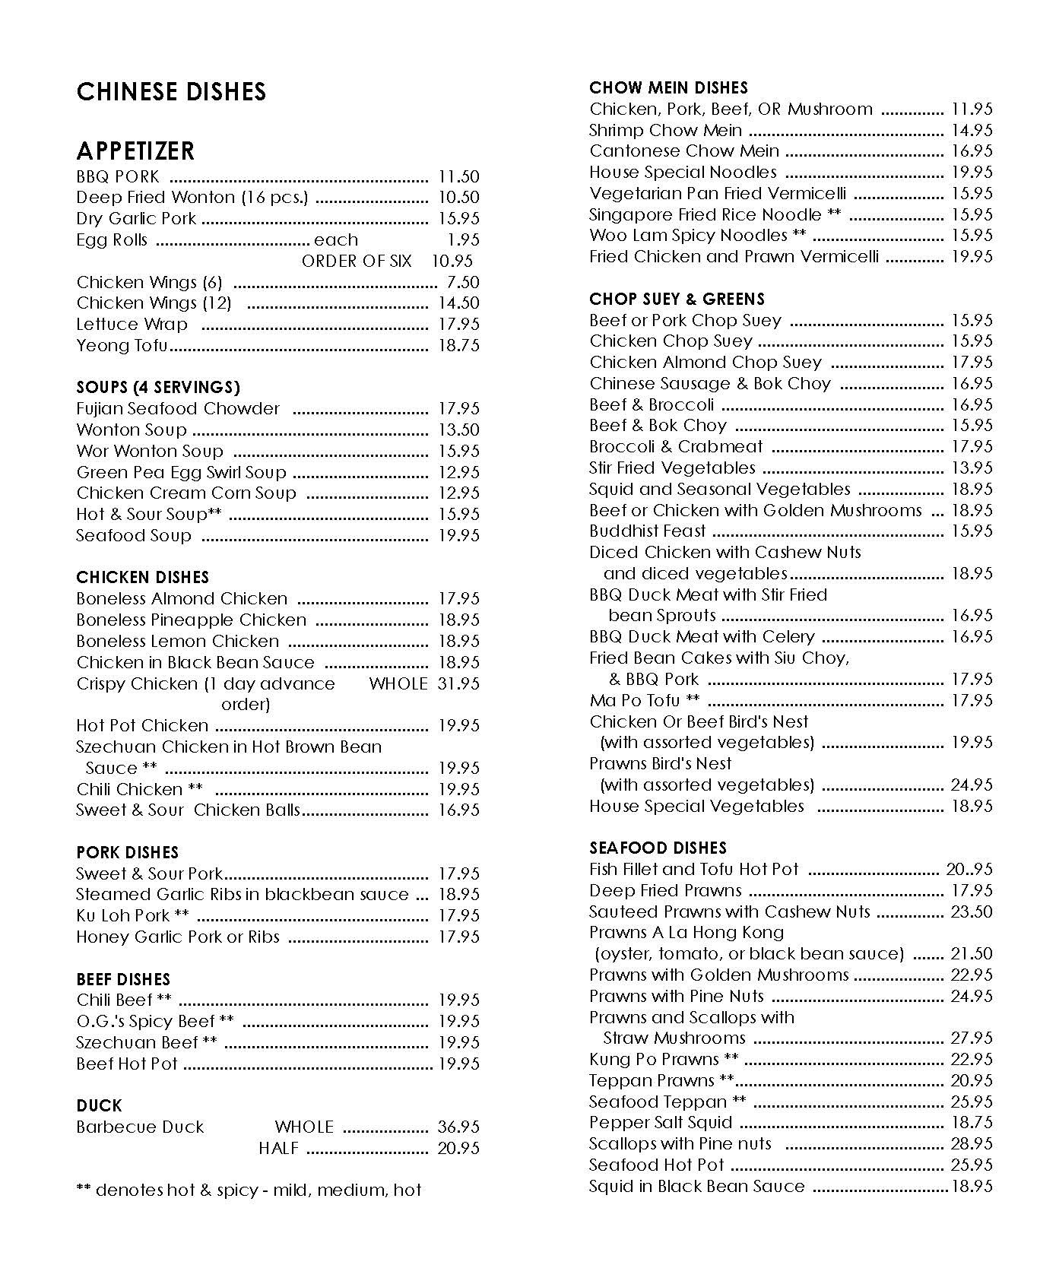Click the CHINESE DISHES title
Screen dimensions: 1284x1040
171,92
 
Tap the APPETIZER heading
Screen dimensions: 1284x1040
135,151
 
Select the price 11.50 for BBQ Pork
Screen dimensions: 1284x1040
458,176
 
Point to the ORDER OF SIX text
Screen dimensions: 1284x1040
357,262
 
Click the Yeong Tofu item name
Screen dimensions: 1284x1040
122,346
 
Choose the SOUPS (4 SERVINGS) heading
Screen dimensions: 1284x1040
158,388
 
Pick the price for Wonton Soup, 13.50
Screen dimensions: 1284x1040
458,430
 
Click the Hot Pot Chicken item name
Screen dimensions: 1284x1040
142,726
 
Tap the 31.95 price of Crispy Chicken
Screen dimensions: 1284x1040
458,684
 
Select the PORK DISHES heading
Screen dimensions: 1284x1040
127,853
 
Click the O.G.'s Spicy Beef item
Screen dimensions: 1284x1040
155,1022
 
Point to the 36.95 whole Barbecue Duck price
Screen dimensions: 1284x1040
458,1127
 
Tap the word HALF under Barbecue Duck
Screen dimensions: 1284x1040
278,1149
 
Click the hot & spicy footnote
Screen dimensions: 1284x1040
249,1190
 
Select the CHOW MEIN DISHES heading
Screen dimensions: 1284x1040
668,88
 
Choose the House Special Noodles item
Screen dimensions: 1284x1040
683,173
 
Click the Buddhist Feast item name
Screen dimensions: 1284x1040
647,531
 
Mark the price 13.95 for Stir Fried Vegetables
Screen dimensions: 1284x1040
972,468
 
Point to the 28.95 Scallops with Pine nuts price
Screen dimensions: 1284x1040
972,1144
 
